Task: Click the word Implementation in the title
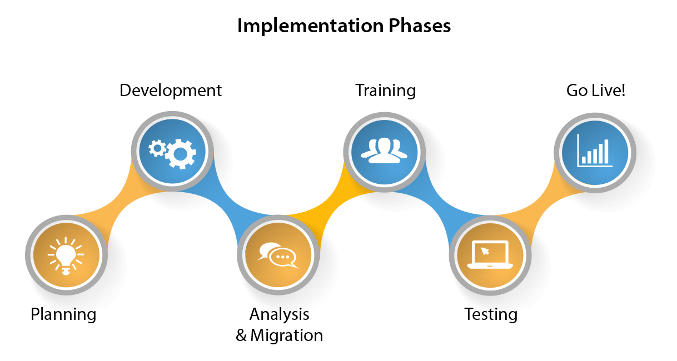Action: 308,26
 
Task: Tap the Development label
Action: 171,91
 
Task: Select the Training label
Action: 386,91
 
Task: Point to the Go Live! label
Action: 596,91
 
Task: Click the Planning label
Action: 63,314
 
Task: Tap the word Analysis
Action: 279,314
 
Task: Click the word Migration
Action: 286,335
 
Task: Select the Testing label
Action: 491,314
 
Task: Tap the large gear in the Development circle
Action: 181,153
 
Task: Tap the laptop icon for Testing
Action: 490,255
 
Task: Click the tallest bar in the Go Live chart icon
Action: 606,151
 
